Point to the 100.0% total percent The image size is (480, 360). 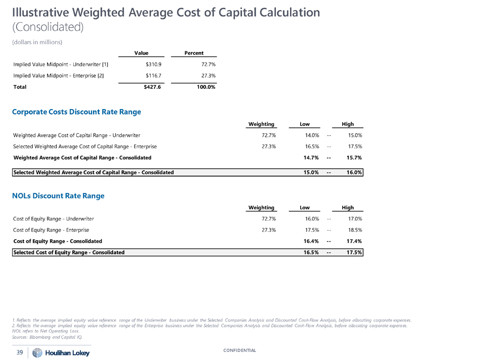pyautogui.click(x=206, y=87)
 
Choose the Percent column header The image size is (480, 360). pyautogui.click(x=194, y=53)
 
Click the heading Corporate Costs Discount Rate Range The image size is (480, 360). pyautogui.click(x=77, y=112)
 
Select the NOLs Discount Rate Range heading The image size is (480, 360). pyautogui.click(x=58, y=196)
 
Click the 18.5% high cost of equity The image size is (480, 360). pyautogui.click(x=353, y=230)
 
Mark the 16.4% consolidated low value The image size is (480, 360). pyautogui.click(x=309, y=241)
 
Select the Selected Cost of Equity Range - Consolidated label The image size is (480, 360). pyautogui.click(x=69, y=252)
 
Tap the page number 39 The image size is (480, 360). pyautogui.click(x=20, y=353)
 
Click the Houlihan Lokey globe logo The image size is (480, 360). pyautogui.click(x=37, y=353)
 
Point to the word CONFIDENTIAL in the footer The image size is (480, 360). pyautogui.click(x=240, y=350)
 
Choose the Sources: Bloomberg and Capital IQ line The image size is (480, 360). pyautogui.click(x=47, y=337)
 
